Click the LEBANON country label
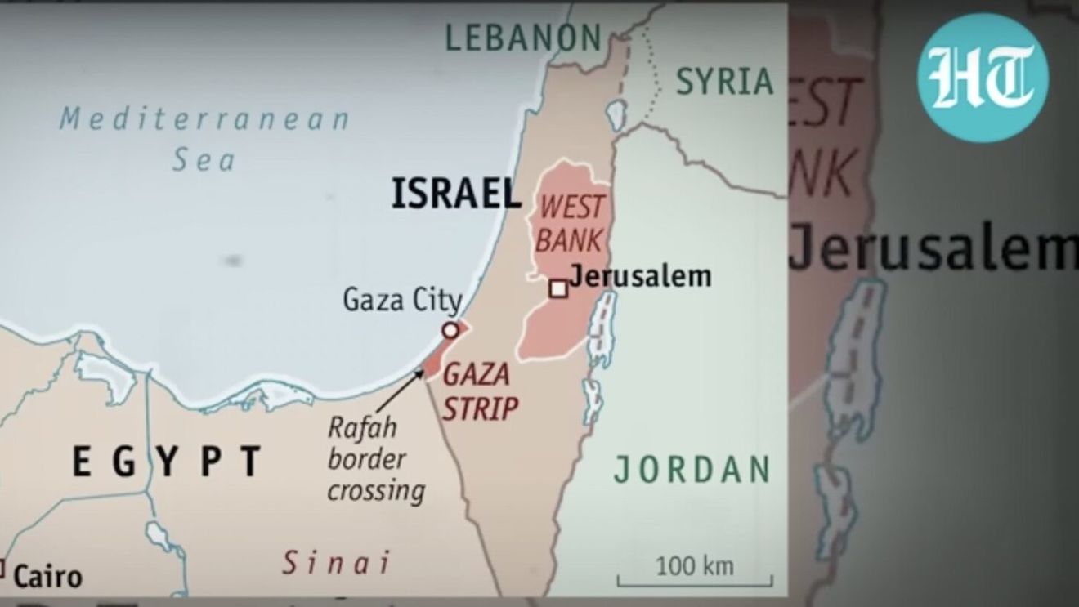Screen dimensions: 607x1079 523,37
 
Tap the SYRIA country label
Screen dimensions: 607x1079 724,82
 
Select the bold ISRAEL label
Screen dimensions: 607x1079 455,194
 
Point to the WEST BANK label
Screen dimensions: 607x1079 572,223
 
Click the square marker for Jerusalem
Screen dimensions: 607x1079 558,288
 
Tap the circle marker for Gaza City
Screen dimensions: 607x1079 450,330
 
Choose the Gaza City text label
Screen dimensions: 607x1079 401,300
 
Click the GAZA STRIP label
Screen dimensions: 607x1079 480,391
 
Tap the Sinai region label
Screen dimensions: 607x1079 336,563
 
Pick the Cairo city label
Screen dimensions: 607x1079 48,577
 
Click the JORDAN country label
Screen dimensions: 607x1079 692,469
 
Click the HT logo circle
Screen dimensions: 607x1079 982,78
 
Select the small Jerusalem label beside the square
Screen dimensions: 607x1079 640,276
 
